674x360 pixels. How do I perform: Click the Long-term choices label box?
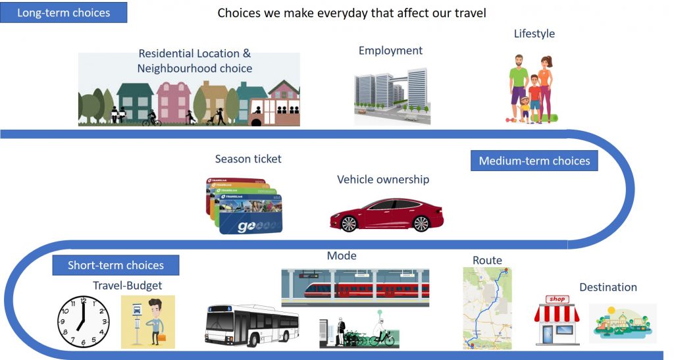63,13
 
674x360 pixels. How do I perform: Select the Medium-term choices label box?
534,161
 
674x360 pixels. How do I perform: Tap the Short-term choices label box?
116,265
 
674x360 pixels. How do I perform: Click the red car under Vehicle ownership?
386,215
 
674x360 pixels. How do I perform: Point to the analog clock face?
84,321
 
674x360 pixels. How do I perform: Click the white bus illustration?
252,325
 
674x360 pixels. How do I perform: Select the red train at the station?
367,290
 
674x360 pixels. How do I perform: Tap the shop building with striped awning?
557,320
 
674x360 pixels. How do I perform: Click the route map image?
488,308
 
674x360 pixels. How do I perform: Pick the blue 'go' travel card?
251,214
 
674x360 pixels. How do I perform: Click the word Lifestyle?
534,34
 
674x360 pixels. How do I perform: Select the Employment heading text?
390,51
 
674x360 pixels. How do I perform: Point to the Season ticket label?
248,159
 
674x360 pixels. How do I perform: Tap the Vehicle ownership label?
383,179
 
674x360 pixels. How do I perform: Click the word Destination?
608,287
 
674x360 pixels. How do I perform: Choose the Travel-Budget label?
127,286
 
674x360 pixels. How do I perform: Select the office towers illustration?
392,96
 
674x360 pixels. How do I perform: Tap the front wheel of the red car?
349,223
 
